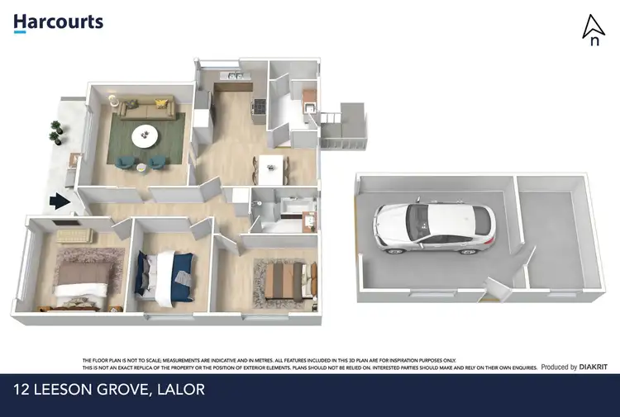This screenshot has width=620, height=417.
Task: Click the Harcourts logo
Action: pos(58,22)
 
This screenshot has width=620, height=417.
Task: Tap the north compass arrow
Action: pos(593,31)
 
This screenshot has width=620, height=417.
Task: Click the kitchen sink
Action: pos(234,78)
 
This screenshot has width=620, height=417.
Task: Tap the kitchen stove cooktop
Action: pos(258,106)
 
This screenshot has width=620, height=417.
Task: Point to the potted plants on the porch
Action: pos(56,130)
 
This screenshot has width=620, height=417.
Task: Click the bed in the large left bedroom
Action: pos(79,277)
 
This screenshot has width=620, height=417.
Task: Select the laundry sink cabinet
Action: pos(308,105)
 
